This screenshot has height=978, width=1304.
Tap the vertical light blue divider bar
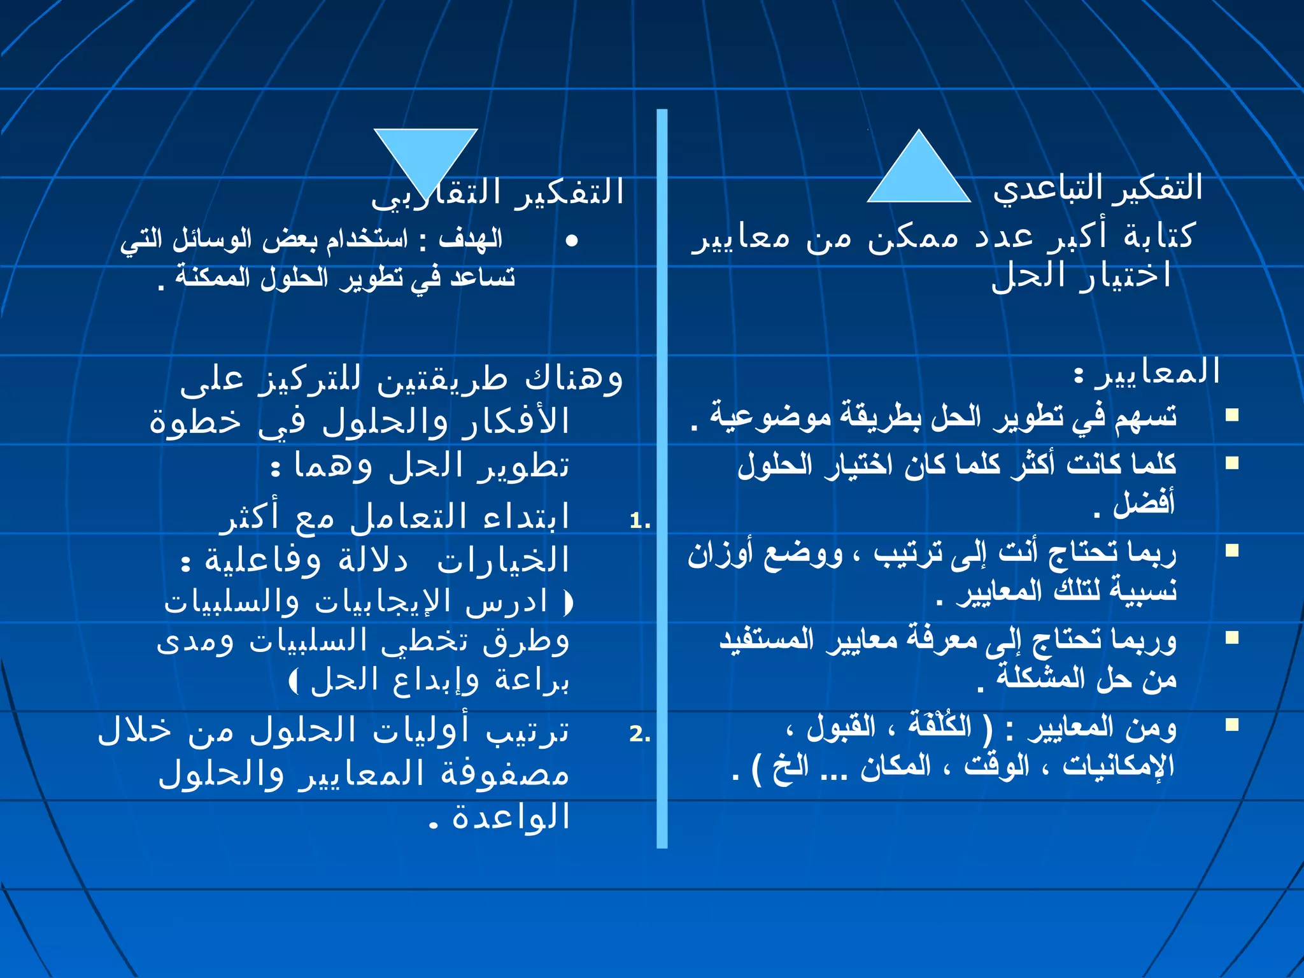pos(662,478)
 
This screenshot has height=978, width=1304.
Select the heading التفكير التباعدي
pos(1098,188)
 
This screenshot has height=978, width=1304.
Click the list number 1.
pos(639,521)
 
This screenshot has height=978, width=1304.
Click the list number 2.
pos(639,734)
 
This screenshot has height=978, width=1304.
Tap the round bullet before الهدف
pos(571,241)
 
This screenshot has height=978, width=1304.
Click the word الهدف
pos(471,240)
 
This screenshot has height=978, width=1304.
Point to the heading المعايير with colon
pos(1146,372)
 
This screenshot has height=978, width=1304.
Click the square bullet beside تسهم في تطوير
pos(1232,415)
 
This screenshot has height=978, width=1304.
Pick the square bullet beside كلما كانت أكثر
pos(1232,463)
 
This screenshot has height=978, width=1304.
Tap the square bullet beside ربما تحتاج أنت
pos(1232,550)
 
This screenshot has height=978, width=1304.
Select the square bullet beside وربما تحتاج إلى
pos(1232,637)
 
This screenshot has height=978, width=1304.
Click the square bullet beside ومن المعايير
pos(1232,725)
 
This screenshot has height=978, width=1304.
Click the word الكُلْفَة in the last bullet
pos(940,725)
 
